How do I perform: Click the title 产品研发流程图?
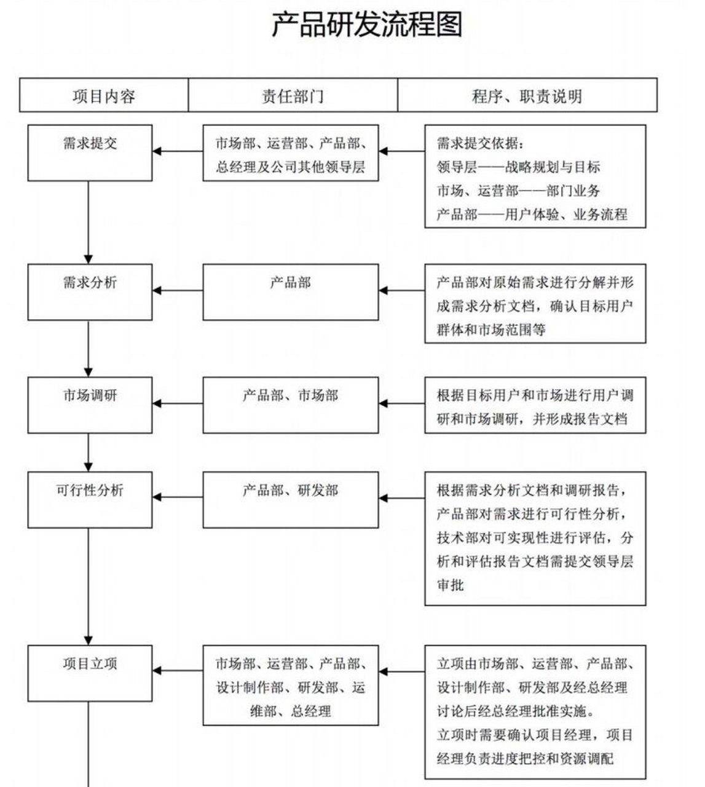pyautogui.click(x=367, y=25)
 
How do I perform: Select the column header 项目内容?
pyautogui.click(x=104, y=96)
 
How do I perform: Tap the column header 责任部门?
pyautogui.click(x=293, y=96)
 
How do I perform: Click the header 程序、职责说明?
pyautogui.click(x=527, y=96)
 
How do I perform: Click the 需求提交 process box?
pyautogui.click(x=90, y=152)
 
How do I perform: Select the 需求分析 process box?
pyautogui.click(x=90, y=292)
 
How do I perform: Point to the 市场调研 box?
pyautogui.click(x=90, y=405)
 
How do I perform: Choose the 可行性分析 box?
pyautogui.click(x=90, y=499)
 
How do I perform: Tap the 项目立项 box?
pyautogui.click(x=90, y=673)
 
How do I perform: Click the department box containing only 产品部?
pyautogui.click(x=291, y=292)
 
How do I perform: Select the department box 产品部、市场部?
pyautogui.click(x=291, y=405)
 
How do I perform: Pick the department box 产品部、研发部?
pyautogui.click(x=291, y=499)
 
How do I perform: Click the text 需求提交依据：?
pyautogui.click(x=481, y=144)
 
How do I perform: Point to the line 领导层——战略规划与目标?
pyautogui.click(x=518, y=167)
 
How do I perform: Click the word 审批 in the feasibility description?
pyautogui.click(x=451, y=585)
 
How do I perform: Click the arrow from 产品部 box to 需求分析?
pyautogui.click(x=178, y=290)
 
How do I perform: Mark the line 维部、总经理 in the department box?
pyautogui.click(x=291, y=711)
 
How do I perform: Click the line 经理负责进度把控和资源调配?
pyautogui.click(x=525, y=759)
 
